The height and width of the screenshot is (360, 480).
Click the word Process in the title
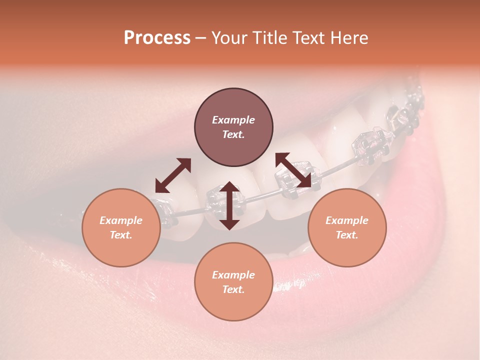point(157,38)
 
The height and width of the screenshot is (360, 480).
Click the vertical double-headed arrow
point(229,205)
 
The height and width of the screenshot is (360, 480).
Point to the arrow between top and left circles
point(173,175)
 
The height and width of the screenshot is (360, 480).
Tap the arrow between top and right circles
point(293,170)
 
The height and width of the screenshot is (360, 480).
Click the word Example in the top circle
point(233,120)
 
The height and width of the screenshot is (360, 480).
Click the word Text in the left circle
point(121,235)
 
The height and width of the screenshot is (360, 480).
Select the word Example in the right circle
point(347,220)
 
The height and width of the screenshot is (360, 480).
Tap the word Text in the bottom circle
point(233,289)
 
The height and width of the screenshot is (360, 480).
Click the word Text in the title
point(313,38)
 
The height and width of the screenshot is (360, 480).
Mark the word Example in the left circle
point(121,220)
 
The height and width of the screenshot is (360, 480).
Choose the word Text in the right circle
point(347,235)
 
